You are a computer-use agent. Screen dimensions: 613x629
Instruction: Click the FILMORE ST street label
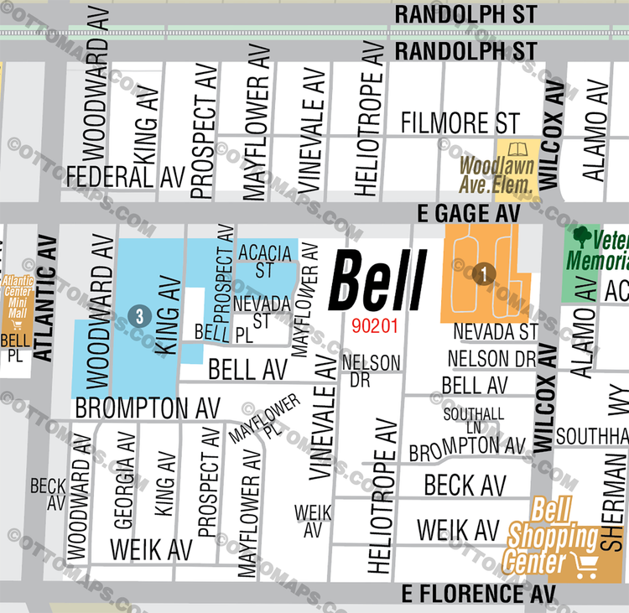pos(460,122)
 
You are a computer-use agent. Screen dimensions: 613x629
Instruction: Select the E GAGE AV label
pos(468,215)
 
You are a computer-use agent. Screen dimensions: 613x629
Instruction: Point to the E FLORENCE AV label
pos(472,594)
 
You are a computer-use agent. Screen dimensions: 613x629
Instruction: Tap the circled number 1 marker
pos(483,273)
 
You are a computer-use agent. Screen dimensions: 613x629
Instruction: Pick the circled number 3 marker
pos(140,316)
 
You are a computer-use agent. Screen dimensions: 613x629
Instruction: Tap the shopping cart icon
pos(580,563)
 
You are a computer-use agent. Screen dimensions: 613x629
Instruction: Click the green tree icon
pos(580,236)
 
